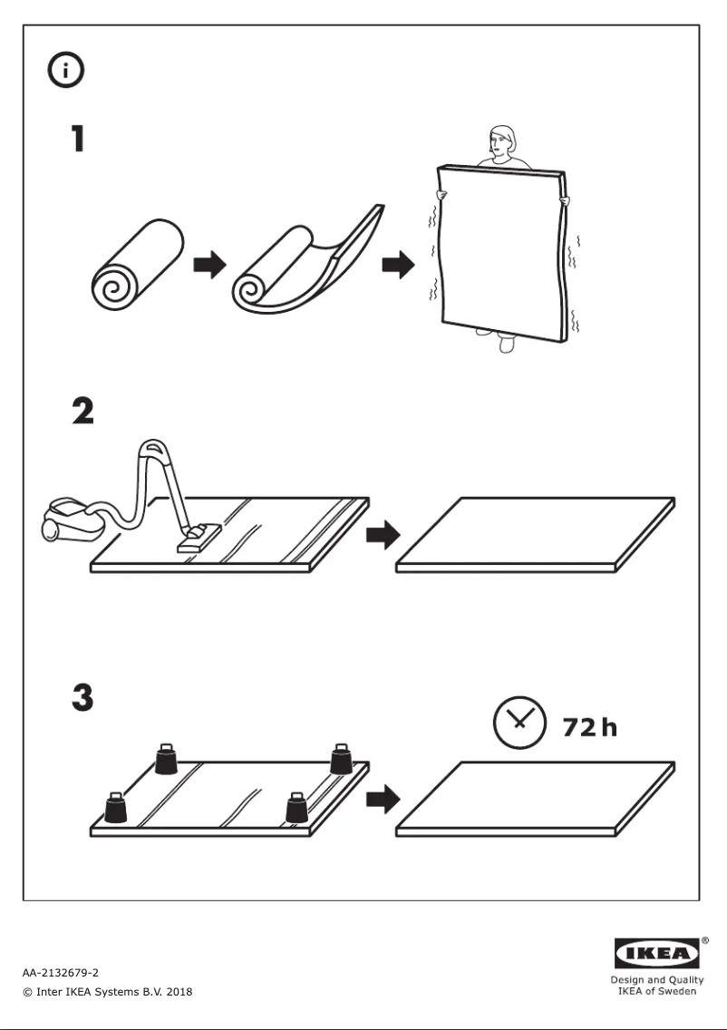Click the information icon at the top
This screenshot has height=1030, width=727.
pyautogui.click(x=65, y=71)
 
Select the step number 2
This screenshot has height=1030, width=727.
pyautogui.click(x=82, y=411)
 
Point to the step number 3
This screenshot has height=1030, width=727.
pyautogui.click(x=82, y=698)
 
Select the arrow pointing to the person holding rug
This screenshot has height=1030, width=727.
pyautogui.click(x=398, y=266)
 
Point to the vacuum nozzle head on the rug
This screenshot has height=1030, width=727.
pyautogui.click(x=199, y=538)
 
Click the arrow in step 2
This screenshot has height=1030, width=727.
pyautogui.click(x=382, y=535)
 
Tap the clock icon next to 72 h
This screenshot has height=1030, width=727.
pyautogui.click(x=519, y=723)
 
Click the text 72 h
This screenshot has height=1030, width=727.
pyautogui.click(x=590, y=726)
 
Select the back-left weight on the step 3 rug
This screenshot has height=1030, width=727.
pyautogui.click(x=166, y=759)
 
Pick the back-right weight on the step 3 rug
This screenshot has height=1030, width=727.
pyautogui.click(x=341, y=759)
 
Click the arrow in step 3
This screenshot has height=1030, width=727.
pyautogui.click(x=382, y=799)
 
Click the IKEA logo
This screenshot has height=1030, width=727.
pyautogui.click(x=657, y=954)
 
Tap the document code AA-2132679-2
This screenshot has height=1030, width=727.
pyautogui.click(x=61, y=973)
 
